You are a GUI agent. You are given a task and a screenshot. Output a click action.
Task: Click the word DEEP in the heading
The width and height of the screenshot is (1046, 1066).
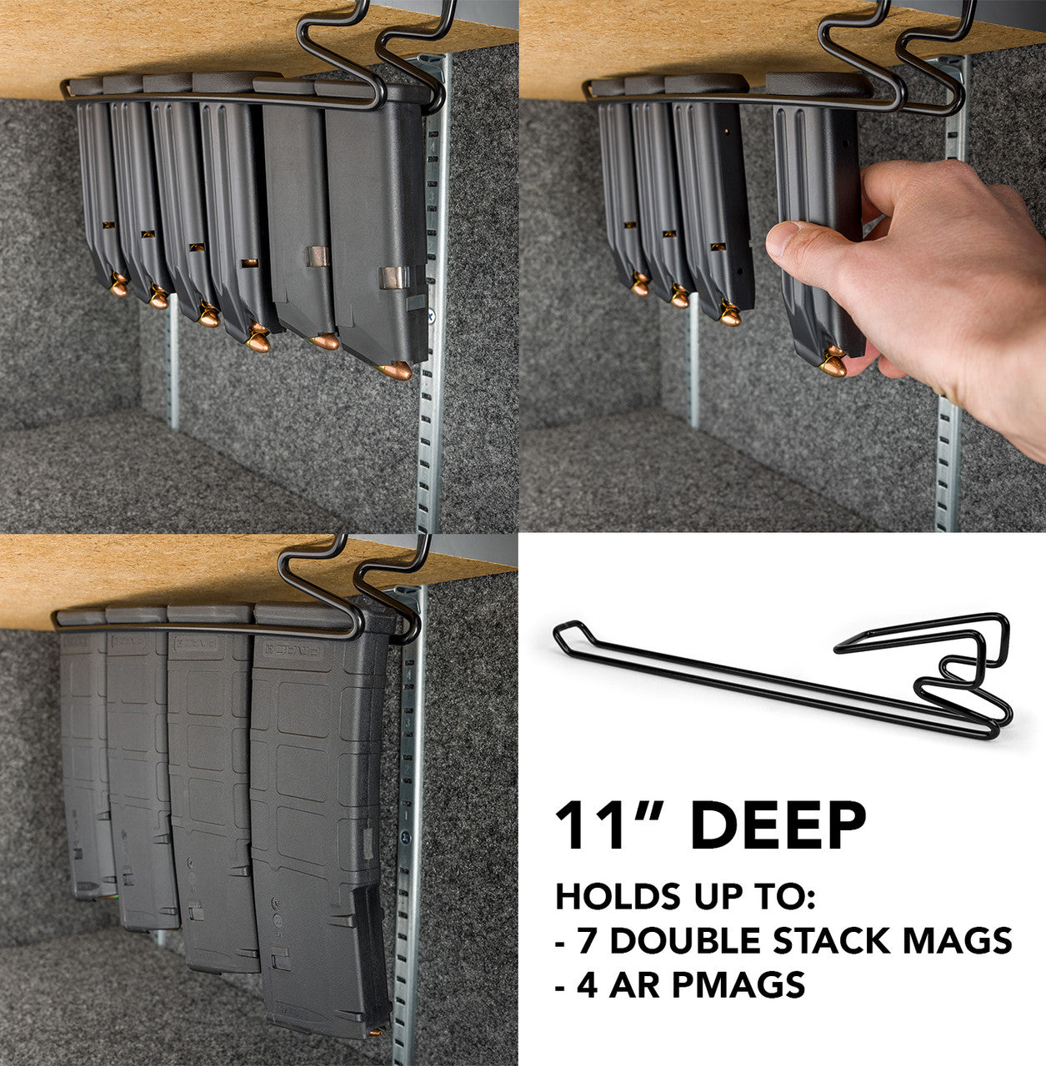pos(778,826)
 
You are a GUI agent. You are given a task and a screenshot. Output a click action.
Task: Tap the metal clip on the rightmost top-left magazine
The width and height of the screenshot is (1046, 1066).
pos(393,277)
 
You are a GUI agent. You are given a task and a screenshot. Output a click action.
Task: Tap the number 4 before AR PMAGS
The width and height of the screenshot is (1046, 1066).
pos(588,985)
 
